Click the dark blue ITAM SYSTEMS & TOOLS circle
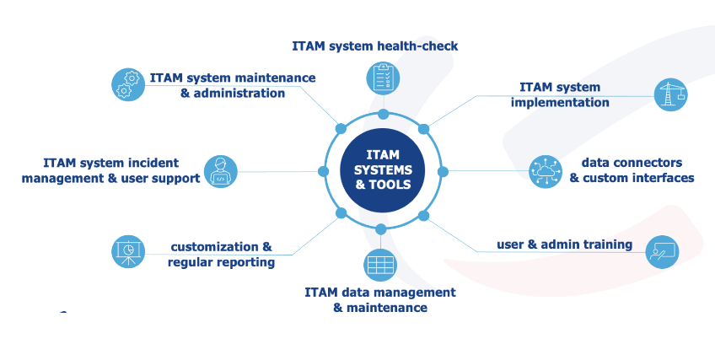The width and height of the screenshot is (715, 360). [383, 170]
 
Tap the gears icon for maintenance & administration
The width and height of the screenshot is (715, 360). [128, 84]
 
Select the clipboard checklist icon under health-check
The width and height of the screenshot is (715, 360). [383, 78]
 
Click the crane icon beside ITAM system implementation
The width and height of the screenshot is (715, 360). [670, 94]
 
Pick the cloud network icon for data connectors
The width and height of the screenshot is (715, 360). [546, 171]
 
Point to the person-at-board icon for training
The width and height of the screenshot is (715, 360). [662, 251]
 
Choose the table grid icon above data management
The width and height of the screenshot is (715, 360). [380, 266]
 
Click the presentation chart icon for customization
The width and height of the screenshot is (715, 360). [128, 251]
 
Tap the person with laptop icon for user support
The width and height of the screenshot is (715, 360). [221, 171]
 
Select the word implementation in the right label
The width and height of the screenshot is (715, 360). [560, 103]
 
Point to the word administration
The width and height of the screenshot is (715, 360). [239, 94]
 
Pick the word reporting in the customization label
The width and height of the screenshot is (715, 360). [246, 262]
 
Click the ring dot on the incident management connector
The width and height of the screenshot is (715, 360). [323, 171]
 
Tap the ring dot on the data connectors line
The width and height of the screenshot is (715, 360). [443, 171]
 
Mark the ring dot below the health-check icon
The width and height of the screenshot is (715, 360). [383, 114]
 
